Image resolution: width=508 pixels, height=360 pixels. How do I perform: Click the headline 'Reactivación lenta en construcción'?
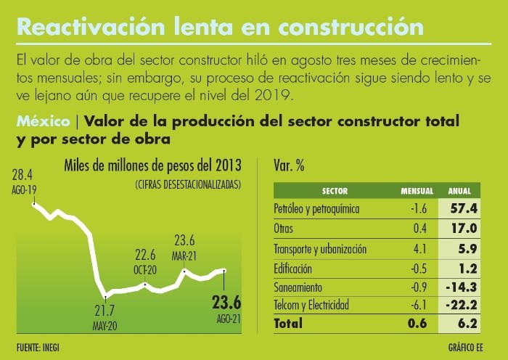pyautogui.click(x=219, y=27)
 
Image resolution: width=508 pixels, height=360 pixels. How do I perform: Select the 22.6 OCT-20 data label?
pyautogui.click(x=146, y=261)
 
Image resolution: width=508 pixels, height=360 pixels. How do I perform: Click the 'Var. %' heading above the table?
pyautogui.click(x=289, y=165)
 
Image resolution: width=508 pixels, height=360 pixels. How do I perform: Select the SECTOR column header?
pyautogui.click(x=335, y=192)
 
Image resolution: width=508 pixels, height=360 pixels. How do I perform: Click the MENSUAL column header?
pyautogui.click(x=417, y=192)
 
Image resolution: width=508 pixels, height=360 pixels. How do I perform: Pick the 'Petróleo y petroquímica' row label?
pyautogui.click(x=317, y=209)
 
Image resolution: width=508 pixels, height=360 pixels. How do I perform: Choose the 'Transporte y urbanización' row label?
pyautogui.click(x=320, y=248)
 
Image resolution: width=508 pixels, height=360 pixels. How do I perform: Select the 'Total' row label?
pyautogui.click(x=288, y=324)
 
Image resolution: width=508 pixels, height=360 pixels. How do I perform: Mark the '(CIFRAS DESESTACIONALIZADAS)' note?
pyautogui.click(x=187, y=185)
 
